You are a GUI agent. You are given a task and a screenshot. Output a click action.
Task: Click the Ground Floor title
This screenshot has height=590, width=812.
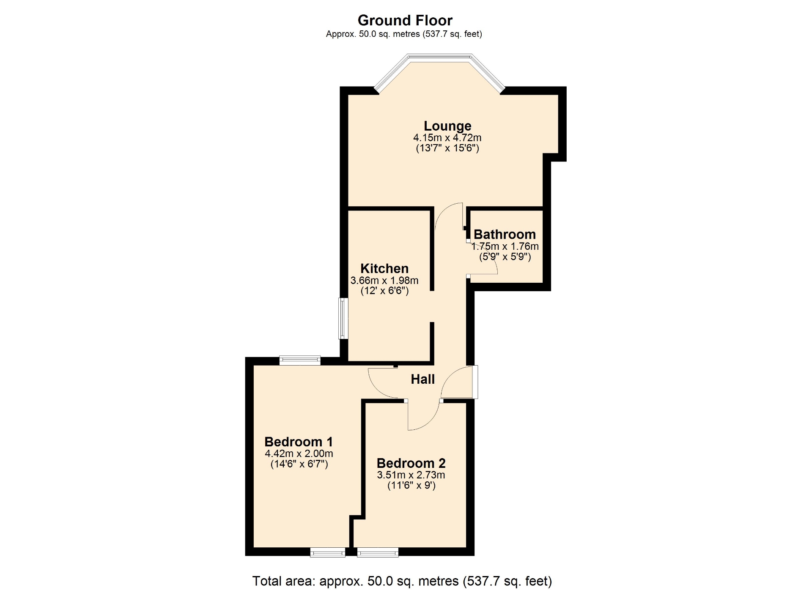click(405, 20)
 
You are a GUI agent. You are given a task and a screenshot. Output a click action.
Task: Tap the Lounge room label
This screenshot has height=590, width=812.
click(447, 126)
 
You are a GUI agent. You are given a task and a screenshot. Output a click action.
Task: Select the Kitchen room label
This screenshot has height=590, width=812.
click(384, 268)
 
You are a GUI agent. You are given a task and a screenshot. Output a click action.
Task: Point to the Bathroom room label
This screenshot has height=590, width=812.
click(505, 234)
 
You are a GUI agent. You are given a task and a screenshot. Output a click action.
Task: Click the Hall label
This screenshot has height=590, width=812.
click(423, 379)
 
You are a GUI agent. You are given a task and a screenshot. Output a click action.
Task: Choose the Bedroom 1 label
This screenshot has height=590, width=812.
click(299, 442)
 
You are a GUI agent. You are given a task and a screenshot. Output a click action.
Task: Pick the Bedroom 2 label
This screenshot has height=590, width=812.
click(411, 463)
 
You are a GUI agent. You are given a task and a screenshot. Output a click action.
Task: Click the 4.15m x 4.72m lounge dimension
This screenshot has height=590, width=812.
click(447, 138)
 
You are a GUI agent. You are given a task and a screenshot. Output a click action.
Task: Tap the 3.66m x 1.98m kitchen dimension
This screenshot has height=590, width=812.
click(384, 281)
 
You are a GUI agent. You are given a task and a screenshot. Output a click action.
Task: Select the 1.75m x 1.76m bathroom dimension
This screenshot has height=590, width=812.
click(505, 246)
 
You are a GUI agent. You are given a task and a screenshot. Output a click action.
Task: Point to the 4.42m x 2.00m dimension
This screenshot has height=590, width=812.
click(299, 454)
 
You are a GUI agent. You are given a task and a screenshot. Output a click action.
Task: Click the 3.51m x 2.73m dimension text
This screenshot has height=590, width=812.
click(411, 475)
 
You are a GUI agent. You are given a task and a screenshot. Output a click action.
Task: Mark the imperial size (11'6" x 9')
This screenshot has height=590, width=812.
click(411, 486)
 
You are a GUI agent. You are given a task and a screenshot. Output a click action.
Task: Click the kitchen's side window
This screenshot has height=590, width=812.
click(343, 319)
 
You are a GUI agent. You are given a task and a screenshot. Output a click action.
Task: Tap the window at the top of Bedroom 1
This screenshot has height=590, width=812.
click(300, 361)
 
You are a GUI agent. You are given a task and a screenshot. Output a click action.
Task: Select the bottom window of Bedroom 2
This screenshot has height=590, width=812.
click(378, 552)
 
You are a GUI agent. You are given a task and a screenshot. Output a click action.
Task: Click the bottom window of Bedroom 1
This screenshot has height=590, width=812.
click(328, 552)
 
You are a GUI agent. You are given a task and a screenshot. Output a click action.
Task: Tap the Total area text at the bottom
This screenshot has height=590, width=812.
click(402, 581)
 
